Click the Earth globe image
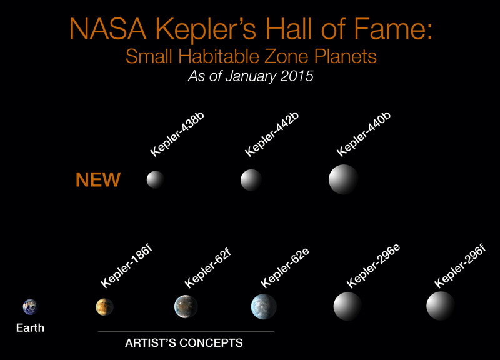point(30,307)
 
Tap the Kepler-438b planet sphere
point(155,179)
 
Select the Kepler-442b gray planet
point(251,180)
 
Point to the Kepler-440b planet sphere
point(343,179)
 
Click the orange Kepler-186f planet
point(104,307)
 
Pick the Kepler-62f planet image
point(186,307)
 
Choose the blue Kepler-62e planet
point(264,306)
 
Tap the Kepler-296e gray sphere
point(347,306)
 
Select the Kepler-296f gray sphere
point(441,306)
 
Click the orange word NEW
point(98,179)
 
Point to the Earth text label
point(30,327)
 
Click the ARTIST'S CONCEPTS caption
point(184,342)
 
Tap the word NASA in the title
point(107,29)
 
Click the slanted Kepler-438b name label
point(177,134)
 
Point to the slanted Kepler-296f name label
point(460,267)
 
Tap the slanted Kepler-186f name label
point(127,267)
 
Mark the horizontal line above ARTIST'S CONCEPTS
point(186,331)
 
